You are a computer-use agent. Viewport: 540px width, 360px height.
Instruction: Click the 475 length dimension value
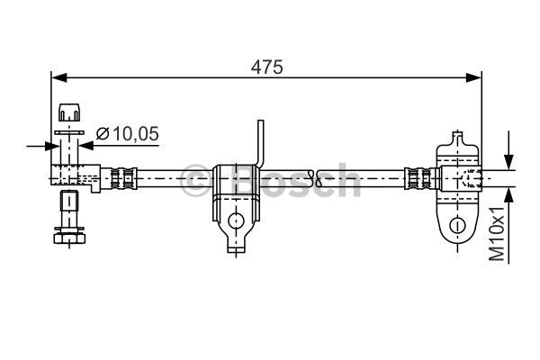pos(267,67)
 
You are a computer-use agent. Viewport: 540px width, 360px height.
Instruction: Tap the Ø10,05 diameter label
pos(127,134)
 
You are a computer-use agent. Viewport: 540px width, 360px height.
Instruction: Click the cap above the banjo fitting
pos(68,112)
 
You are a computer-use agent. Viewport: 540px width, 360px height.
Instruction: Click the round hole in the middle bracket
pos(236,220)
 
